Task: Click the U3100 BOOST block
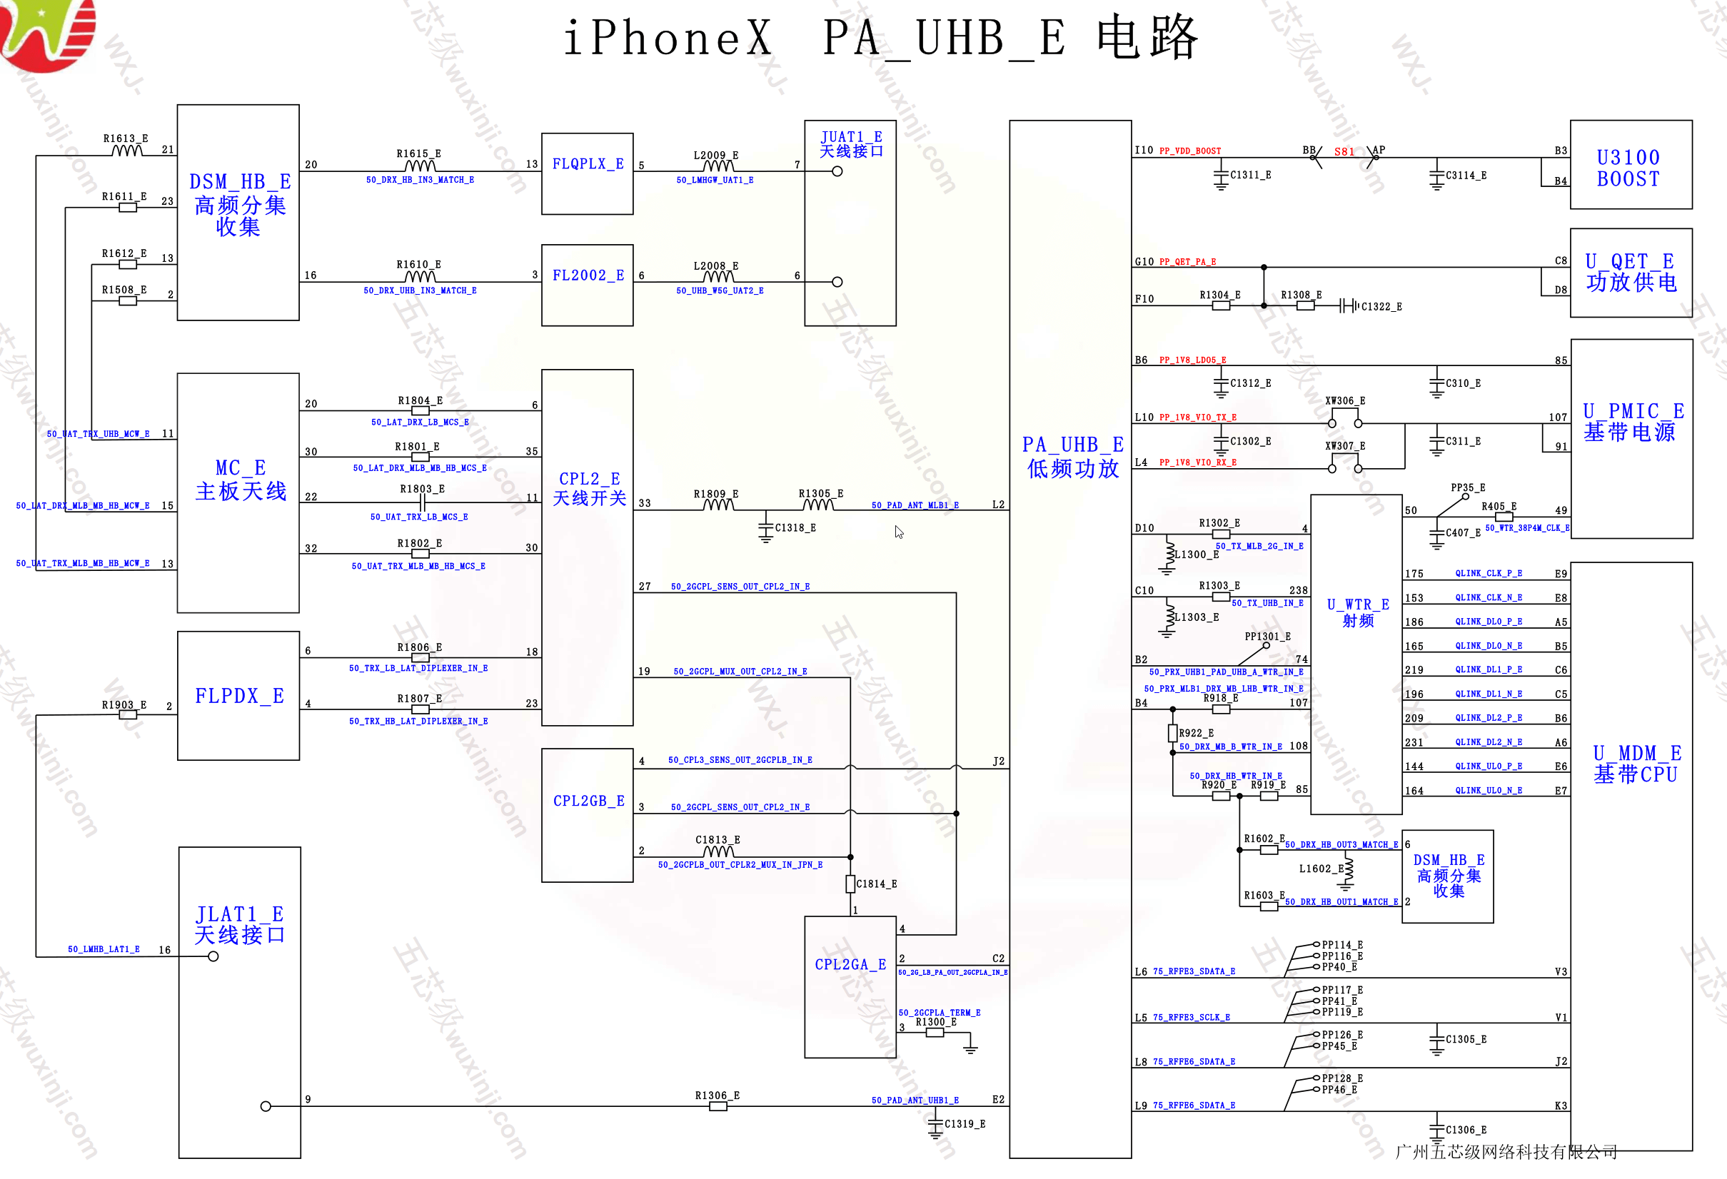pos(1631,165)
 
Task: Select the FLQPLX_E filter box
pos(587,174)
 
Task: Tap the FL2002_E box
pos(587,285)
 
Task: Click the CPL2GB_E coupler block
pos(587,815)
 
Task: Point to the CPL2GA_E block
pos(850,986)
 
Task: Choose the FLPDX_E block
pos(238,696)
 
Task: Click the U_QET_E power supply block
pos(1631,273)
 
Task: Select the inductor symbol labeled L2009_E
pos(718,167)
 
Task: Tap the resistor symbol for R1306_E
pos(718,1106)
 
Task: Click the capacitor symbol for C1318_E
pos(766,528)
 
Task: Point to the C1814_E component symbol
pos(850,884)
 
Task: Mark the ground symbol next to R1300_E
pos(970,1048)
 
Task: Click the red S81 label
pos(1344,151)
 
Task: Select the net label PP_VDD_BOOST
pos(1189,151)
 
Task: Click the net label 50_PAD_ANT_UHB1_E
pos(915,1100)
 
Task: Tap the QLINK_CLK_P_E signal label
pos(1489,574)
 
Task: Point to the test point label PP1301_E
pos(1268,637)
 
